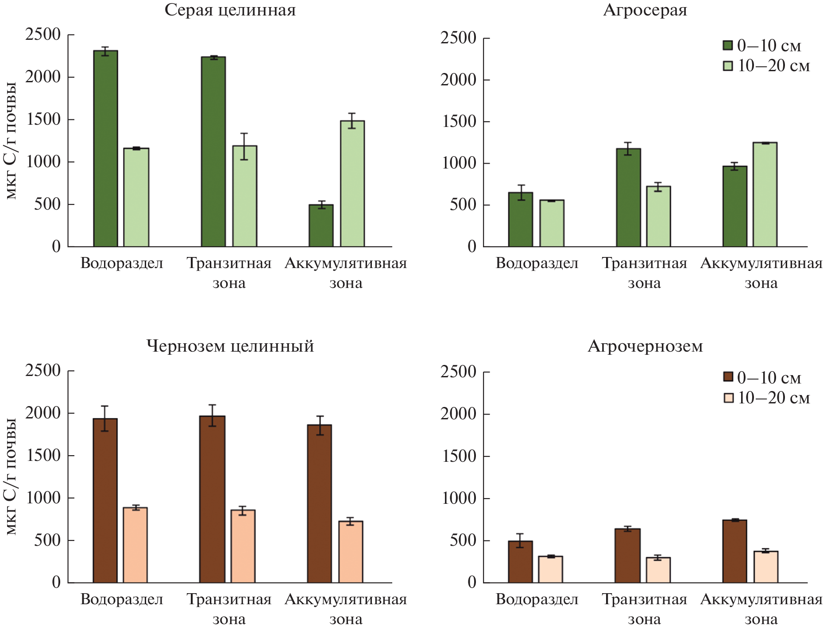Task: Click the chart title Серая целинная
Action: (230, 10)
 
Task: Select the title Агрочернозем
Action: (645, 346)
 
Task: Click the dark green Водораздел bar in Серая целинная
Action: (105, 148)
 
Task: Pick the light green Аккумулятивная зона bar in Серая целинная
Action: (352, 184)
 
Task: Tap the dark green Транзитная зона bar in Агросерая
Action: (628, 198)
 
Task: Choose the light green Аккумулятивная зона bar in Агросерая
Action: (765, 195)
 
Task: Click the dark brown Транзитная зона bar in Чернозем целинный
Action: (212, 499)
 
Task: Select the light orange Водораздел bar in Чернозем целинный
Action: (135, 545)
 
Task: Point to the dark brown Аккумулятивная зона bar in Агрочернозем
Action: (734, 551)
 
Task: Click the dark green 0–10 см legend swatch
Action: (728, 45)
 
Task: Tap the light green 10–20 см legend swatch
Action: (728, 65)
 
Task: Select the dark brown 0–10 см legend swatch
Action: (728, 377)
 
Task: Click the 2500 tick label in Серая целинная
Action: (43, 34)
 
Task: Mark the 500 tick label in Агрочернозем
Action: (463, 541)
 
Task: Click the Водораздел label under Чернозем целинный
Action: (122, 599)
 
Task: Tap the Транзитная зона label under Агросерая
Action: (644, 272)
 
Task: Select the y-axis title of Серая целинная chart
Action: (11, 141)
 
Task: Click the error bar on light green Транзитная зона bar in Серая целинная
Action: (244, 146)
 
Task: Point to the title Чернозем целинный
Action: (230, 346)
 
